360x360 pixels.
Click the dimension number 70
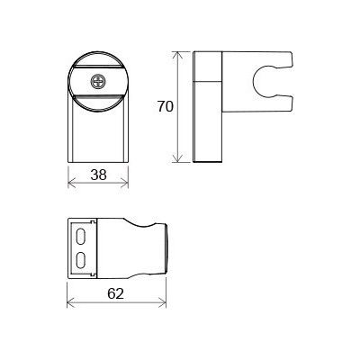tap(166, 106)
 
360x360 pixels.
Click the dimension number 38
tap(99, 175)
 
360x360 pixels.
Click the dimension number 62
tap(116, 293)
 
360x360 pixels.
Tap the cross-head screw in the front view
tap(98, 81)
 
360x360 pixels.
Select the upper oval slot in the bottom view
tap(81, 238)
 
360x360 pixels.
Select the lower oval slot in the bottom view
tap(81, 260)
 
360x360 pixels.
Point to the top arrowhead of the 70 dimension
tap(178, 56)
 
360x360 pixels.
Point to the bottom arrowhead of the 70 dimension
tap(178, 158)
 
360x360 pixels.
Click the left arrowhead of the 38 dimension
tap(72, 182)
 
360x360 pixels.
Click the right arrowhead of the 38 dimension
tap(124, 182)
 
